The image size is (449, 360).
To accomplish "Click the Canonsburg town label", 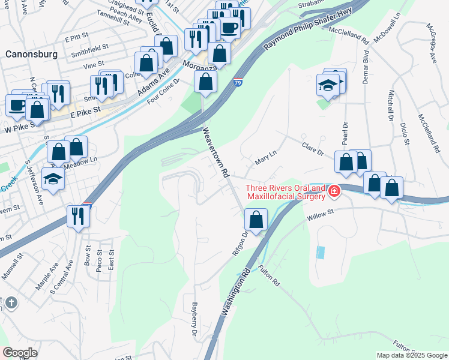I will tap(31, 54).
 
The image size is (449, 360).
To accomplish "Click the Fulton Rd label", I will tap(270, 275).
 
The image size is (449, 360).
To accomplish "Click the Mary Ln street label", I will tap(265, 158).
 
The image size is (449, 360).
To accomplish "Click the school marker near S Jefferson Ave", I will tap(53, 178).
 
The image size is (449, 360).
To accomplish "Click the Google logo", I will tap(20, 353).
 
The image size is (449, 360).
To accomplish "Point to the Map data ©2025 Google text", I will tap(411, 355).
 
